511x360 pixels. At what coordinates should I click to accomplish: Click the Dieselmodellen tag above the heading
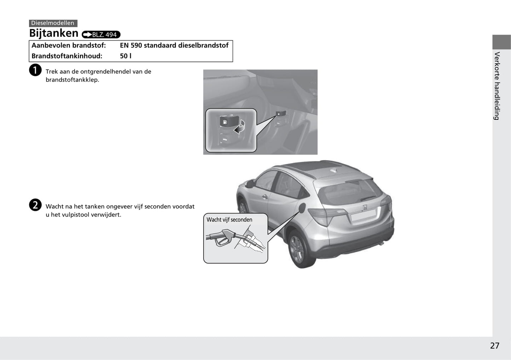(x=53, y=23)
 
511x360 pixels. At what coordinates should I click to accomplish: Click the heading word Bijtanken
(x=54, y=33)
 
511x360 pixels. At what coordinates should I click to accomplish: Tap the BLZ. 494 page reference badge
(x=101, y=35)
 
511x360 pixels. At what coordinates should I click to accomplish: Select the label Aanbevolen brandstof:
(x=69, y=46)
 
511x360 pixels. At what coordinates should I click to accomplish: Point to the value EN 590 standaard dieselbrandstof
(x=174, y=45)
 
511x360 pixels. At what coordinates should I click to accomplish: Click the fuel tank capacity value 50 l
(x=126, y=56)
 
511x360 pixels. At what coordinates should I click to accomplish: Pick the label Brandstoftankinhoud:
(x=67, y=56)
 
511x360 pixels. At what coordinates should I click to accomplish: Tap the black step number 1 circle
(x=35, y=70)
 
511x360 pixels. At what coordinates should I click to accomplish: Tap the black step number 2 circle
(x=35, y=205)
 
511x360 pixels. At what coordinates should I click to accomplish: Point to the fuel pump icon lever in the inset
(x=229, y=121)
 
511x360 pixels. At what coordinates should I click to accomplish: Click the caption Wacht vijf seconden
(x=229, y=220)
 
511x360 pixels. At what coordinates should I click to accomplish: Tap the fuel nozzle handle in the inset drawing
(x=222, y=238)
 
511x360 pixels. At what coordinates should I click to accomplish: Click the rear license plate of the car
(x=364, y=215)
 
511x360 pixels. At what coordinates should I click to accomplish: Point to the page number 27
(x=495, y=346)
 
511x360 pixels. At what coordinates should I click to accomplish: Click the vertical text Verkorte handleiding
(x=497, y=86)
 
